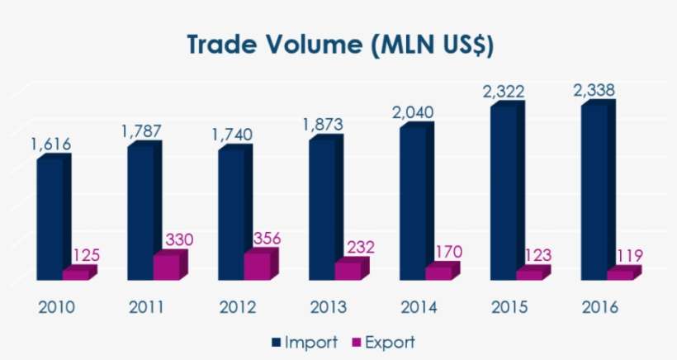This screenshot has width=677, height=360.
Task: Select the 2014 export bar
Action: click(438, 272)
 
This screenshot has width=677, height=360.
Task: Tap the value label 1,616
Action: click(51, 144)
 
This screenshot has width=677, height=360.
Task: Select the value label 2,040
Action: click(414, 113)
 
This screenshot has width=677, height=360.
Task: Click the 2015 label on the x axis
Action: click(507, 308)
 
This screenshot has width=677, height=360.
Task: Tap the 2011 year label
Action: click(147, 308)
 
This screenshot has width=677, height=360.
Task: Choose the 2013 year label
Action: click(328, 308)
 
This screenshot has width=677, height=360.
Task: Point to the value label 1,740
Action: click(232, 134)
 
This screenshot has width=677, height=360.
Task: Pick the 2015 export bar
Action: click(528, 274)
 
